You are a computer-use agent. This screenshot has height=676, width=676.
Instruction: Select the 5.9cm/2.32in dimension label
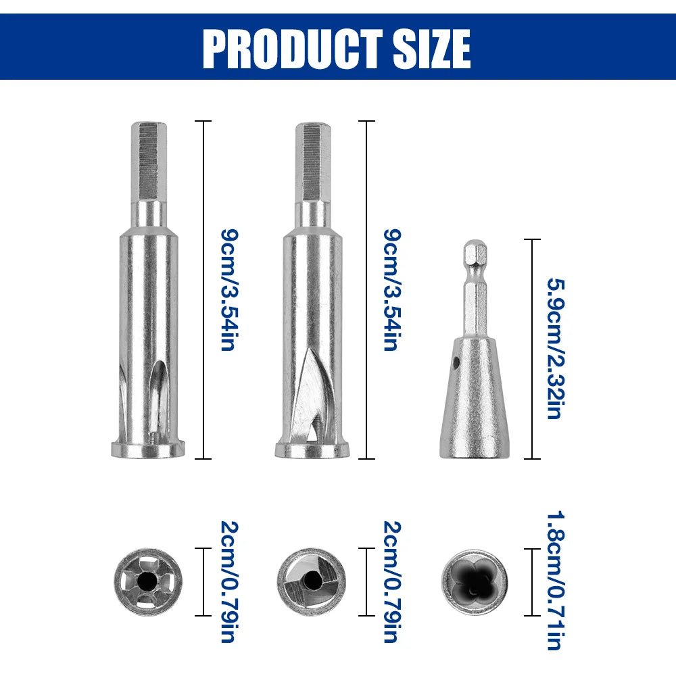pyautogui.click(x=555, y=349)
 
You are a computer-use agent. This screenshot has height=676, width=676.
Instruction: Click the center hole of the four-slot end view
pyautogui.click(x=146, y=580)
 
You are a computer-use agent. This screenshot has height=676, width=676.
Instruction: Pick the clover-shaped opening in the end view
pyautogui.click(x=475, y=581)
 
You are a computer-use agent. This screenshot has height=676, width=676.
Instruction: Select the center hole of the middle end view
pyautogui.click(x=312, y=580)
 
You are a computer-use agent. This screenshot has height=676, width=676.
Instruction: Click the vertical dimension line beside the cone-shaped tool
pyautogui.click(x=533, y=349)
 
